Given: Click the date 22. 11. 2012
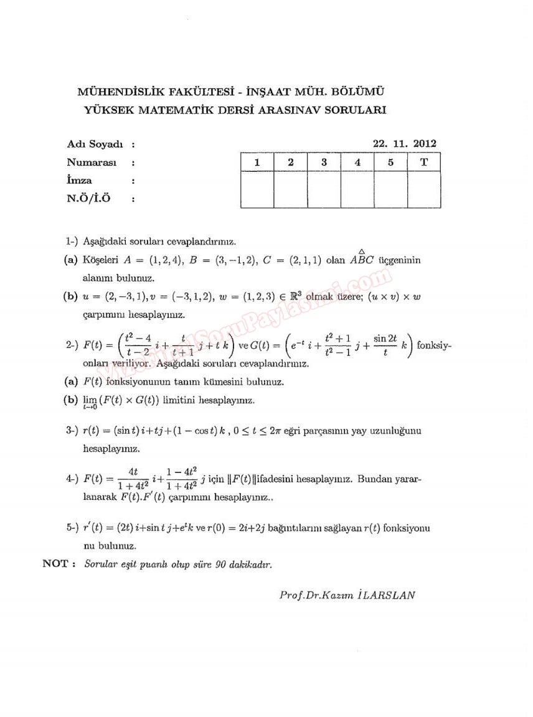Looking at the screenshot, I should point(404,143).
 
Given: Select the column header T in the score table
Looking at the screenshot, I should point(424,162).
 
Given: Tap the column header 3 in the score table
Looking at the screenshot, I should point(324,162).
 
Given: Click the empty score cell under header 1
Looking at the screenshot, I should point(257,189).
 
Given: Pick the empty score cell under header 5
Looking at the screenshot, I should point(390,189).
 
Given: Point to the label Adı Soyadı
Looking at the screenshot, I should point(95,144).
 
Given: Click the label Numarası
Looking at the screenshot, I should point(92,162).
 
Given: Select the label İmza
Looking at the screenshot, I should point(79,180).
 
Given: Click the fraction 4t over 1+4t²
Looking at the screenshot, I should point(132,479).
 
